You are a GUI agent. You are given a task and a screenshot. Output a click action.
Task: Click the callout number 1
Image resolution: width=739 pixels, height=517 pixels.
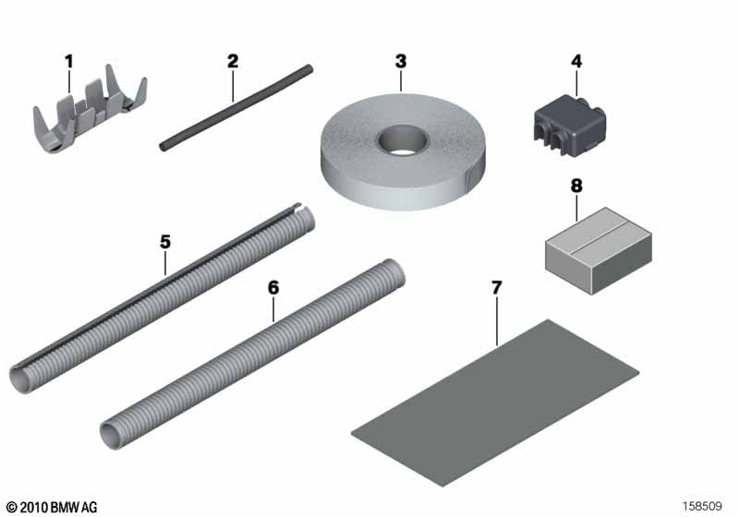(68, 61)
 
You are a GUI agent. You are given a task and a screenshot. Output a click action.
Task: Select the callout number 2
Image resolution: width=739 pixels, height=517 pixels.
(233, 61)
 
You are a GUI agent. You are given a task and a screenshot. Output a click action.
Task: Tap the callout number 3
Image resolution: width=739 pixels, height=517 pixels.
(401, 61)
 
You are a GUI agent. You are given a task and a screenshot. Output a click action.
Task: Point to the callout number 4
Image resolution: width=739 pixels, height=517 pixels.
(575, 61)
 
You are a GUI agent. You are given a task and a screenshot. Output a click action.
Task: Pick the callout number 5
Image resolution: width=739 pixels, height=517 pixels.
(165, 242)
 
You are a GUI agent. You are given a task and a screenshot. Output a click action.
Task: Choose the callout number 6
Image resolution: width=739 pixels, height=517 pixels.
(273, 288)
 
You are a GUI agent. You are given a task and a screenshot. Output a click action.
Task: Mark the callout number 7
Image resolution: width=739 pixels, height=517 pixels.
(497, 288)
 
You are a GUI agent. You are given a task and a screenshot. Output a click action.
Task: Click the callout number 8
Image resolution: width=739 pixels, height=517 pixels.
(575, 186)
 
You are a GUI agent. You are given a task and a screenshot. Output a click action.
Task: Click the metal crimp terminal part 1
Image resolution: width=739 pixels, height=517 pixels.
(90, 111)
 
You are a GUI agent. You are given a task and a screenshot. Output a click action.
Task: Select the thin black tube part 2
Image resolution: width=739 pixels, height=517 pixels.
(236, 108)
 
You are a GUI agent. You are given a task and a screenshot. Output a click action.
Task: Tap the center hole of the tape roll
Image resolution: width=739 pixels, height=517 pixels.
(402, 139)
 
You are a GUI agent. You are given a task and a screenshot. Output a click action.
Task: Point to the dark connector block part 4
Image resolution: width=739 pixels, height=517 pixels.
(569, 126)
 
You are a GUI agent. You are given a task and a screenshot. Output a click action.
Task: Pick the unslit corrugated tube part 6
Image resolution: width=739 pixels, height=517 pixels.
(253, 354)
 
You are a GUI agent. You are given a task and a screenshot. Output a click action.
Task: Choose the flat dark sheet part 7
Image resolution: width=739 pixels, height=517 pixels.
(495, 403)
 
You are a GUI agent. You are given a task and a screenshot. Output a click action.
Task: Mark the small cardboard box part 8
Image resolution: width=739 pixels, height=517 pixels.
(599, 250)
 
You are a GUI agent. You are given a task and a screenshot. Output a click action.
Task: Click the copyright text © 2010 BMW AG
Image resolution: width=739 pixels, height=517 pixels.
(52, 507)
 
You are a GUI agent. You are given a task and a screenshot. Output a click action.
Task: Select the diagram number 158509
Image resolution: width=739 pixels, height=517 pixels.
(702, 506)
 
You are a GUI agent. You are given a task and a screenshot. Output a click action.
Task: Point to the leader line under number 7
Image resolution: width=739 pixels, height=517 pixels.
(497, 321)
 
